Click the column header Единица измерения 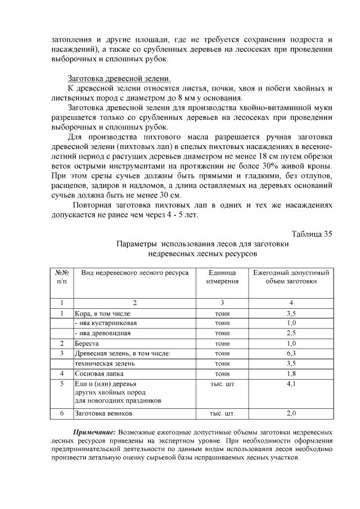pyautogui.click(x=222, y=276)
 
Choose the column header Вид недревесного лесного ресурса pyautogui.click(x=134, y=272)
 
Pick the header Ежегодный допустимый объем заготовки pyautogui.click(x=291, y=276)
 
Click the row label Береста pyautogui.click(x=87, y=343)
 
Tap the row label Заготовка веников pyautogui.click(x=103, y=413)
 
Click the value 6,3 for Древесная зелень pyautogui.click(x=291, y=353)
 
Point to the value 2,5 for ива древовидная pyautogui.click(x=291, y=333)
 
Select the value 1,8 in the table pyautogui.click(x=291, y=373)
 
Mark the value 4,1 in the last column pyautogui.click(x=291, y=384)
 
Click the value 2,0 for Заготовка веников pyautogui.click(x=291, y=413)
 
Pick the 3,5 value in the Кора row pyautogui.click(x=291, y=313)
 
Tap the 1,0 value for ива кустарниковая pyautogui.click(x=291, y=323)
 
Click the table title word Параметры pyautogui.click(x=137, y=245)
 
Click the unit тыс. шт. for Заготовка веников pyautogui.click(x=222, y=413)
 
